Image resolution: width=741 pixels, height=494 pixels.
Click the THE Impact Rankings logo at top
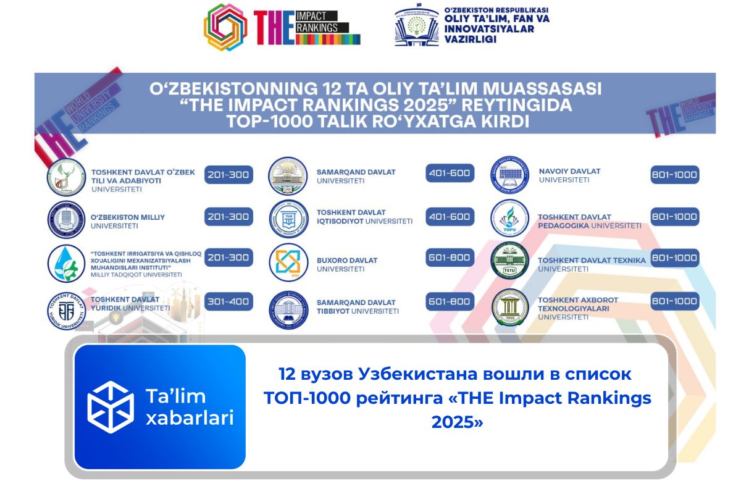pyautogui.click(x=282, y=27)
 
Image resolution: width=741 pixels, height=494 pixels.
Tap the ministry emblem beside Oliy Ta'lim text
pyautogui.click(x=416, y=27)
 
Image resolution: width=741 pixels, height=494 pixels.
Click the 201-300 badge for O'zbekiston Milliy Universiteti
pyautogui.click(x=228, y=217)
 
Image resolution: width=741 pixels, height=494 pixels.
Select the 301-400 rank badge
pyautogui.click(x=228, y=302)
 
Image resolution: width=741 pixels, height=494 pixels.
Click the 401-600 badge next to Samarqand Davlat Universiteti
pyautogui.click(x=450, y=174)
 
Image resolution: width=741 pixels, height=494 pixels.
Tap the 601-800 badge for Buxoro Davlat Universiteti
pyautogui.click(x=450, y=257)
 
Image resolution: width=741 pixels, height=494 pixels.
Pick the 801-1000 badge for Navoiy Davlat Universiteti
pyautogui.click(x=674, y=175)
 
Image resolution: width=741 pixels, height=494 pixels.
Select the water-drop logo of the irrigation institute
pyautogui.click(x=67, y=263)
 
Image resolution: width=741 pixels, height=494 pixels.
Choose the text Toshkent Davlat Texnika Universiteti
pyautogui.click(x=591, y=264)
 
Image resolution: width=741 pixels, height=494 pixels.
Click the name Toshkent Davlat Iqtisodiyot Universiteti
pyautogui.click(x=364, y=216)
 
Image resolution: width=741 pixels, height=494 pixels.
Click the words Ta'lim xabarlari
pyautogui.click(x=188, y=407)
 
